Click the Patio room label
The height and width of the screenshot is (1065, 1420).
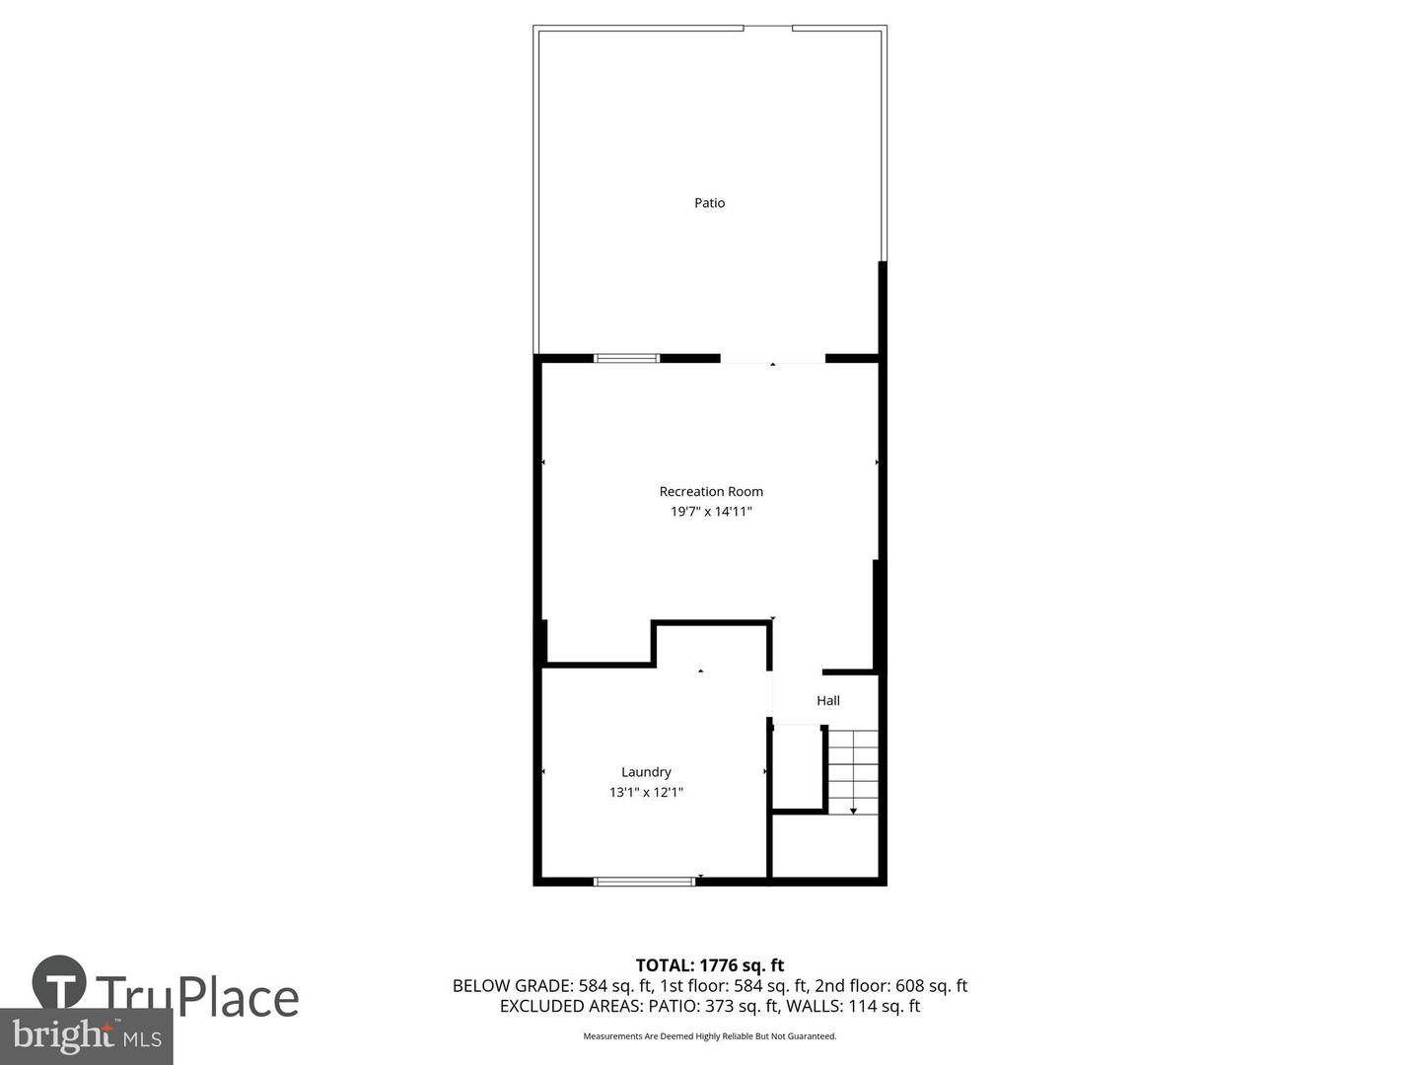tap(709, 203)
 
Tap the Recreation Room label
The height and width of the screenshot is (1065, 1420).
tap(711, 491)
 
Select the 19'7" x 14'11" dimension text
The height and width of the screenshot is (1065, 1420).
tap(711, 512)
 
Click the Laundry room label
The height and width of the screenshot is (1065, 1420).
tap(646, 772)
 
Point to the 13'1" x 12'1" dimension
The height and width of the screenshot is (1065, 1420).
tap(646, 792)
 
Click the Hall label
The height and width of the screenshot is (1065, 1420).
tap(827, 700)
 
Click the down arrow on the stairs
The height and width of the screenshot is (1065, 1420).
tap(853, 810)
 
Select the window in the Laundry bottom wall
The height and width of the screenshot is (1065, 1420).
tap(644, 881)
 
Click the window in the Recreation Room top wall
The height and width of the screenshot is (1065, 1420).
tap(626, 358)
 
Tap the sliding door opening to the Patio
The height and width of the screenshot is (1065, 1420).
tap(772, 359)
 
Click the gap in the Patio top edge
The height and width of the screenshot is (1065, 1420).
tap(767, 28)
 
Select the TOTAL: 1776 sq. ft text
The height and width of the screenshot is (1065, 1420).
tap(709, 965)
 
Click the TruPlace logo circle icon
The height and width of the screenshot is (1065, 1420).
tap(59, 982)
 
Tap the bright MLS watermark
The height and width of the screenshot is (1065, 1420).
tap(87, 1035)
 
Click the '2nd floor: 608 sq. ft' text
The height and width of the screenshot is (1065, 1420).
tap(890, 985)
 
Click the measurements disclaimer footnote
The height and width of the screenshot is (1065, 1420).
tap(709, 1036)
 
